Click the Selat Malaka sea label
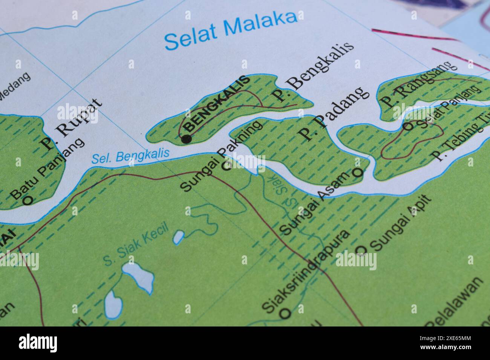click(x=231, y=31)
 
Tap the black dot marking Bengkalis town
click(x=186, y=139)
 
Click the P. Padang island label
click(x=332, y=113)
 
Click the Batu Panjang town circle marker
click(x=28, y=200)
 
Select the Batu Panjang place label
click(x=47, y=169)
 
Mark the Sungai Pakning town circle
click(x=226, y=166)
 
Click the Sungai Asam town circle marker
click(x=357, y=172)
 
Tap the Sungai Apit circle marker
click(x=361, y=250)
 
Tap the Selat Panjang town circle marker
click(x=408, y=126)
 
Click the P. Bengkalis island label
click(x=313, y=71)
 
